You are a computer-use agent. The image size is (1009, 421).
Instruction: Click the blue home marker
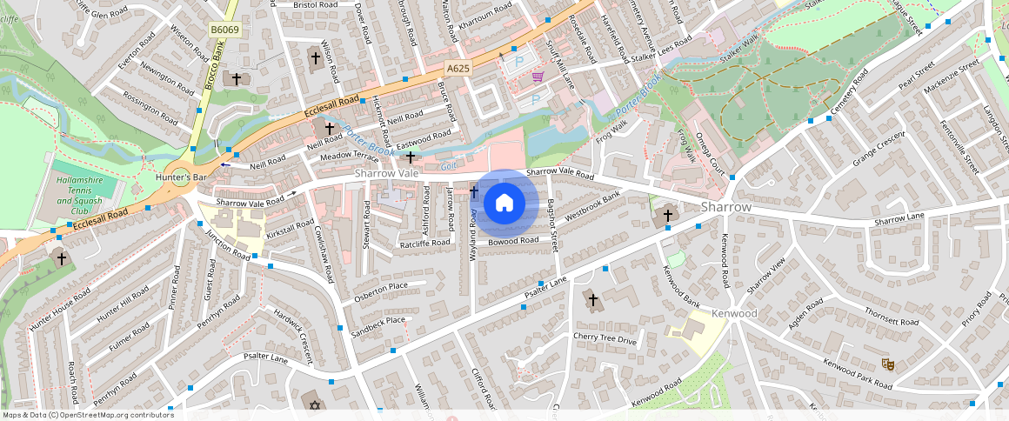(x=504, y=204)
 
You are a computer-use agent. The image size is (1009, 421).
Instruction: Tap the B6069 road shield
(x=224, y=30)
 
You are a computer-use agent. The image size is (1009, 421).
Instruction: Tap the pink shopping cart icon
(x=538, y=77)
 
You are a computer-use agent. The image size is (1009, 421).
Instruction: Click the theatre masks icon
(x=887, y=364)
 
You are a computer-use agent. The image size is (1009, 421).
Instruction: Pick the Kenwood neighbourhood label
(x=734, y=313)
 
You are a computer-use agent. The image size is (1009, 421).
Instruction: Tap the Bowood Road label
(x=513, y=241)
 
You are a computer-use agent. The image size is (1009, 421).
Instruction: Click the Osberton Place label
(x=380, y=292)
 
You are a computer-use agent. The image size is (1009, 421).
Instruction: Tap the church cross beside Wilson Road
(x=316, y=58)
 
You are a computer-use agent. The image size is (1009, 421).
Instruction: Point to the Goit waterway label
(x=448, y=165)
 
